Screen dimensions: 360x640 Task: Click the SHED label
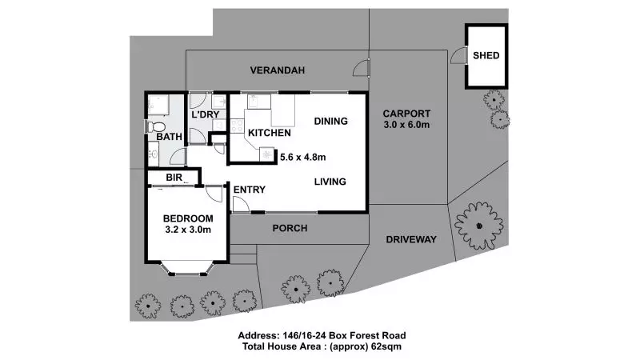pos(486,55)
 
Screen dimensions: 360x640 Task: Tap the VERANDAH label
pos(277,70)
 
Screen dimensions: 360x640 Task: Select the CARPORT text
pos(406,113)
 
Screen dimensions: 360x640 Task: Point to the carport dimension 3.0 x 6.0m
pos(406,126)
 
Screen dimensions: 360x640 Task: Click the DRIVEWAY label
pos(410,239)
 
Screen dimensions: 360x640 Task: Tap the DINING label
pos(330,122)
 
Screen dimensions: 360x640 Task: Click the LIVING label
pos(329,182)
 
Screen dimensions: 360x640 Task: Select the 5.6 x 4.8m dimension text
pos(303,157)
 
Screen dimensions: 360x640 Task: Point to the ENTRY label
pos(249,189)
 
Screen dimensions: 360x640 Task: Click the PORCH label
pos(290,228)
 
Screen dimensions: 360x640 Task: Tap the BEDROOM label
pos(188,218)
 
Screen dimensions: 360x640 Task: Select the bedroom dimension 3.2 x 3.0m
pos(188,230)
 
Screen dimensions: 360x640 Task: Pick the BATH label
pos(169,137)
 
